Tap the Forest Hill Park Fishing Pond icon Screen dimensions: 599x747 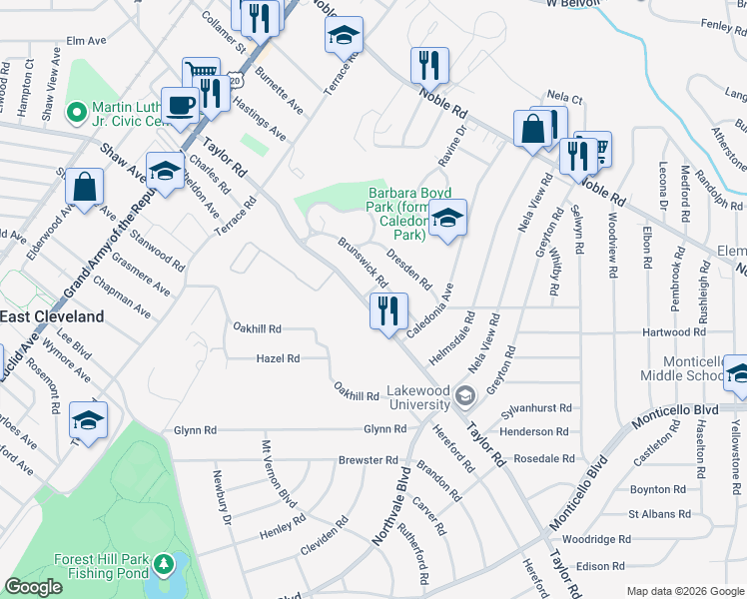click(164, 566)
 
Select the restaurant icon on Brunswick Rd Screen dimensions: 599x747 click(388, 310)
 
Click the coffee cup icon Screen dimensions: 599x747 click(181, 106)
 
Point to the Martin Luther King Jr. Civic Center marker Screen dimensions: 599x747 click(73, 110)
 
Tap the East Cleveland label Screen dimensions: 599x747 click(52, 315)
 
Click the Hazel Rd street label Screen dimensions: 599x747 click(278, 357)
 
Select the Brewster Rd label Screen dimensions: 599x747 click(369, 460)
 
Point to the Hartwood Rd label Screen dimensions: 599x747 click(674, 332)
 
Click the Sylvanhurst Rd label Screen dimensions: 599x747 click(535, 408)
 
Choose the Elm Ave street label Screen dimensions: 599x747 click(86, 42)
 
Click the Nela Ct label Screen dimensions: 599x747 click(565, 99)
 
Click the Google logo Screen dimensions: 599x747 click(33, 587)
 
